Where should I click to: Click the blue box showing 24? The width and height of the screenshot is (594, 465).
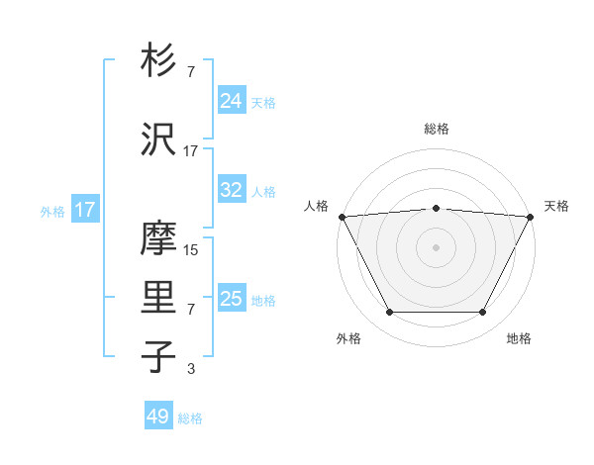click(x=232, y=100)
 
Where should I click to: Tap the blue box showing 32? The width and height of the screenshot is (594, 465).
click(x=232, y=190)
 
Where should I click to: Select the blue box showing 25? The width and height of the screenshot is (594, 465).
click(x=232, y=298)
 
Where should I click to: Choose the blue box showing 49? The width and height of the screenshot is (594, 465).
click(x=158, y=417)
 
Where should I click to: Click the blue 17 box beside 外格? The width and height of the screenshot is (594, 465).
click(x=84, y=210)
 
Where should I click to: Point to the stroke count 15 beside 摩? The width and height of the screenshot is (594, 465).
click(x=191, y=250)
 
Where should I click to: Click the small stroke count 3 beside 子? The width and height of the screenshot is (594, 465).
click(x=191, y=369)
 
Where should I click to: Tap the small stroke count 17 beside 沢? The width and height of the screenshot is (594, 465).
click(x=191, y=151)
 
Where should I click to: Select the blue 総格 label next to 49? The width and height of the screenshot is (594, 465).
click(x=190, y=418)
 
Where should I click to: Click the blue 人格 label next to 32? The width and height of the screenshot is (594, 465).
click(x=263, y=192)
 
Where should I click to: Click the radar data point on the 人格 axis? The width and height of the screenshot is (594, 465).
click(x=341, y=217)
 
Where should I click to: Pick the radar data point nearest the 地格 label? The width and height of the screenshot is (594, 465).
click(x=483, y=313)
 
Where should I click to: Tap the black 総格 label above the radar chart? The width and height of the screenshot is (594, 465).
click(x=437, y=129)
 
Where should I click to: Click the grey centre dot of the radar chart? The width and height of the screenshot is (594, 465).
click(x=437, y=247)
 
